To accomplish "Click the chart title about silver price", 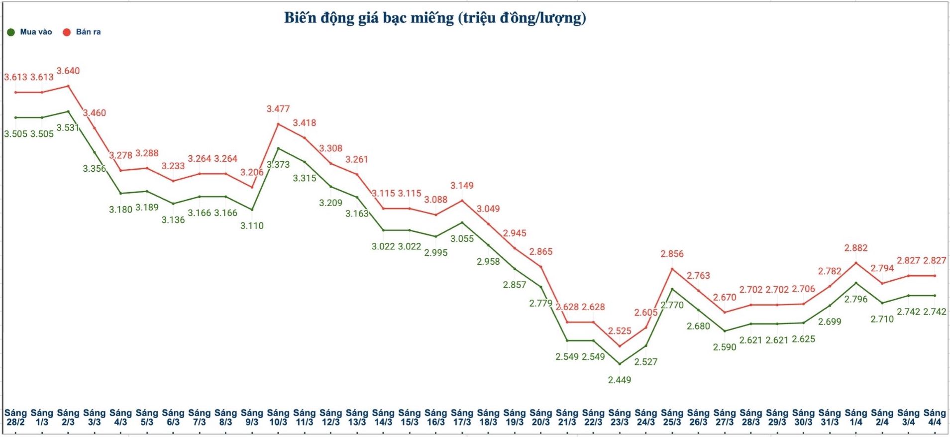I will coord(435,18).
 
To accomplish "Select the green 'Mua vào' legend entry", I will coord(30,32).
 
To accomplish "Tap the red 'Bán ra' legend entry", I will coord(82,32).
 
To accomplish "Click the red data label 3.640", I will coord(68,71).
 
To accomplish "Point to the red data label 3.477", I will coord(278,109).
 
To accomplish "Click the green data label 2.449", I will coord(620,380).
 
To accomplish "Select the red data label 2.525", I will coord(620,331).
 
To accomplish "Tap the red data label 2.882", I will coord(856,248).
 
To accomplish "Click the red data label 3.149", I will coord(462,186).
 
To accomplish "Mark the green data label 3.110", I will coord(252,225).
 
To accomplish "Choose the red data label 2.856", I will coord(672,254).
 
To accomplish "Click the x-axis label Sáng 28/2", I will coord(15,417).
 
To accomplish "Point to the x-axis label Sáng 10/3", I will coord(278,417).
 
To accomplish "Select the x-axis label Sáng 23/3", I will coord(620,417).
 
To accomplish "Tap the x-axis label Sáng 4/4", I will coord(935,417).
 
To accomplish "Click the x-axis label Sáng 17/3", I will coord(462,417).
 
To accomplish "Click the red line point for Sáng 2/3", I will coord(68,86).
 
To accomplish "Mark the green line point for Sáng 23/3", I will coord(620,364).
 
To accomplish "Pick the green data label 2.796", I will coord(856,299).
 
